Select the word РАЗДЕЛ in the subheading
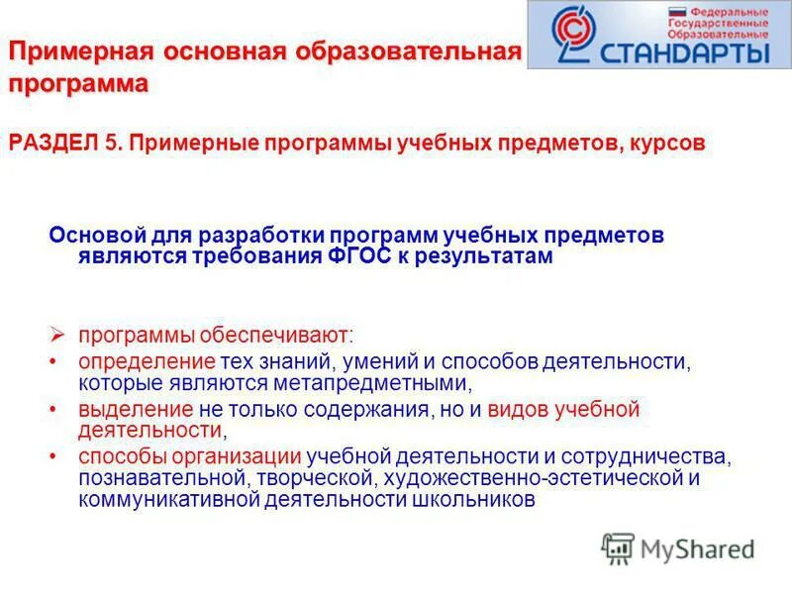pos(50,144)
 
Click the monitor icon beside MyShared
pos(618,547)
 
